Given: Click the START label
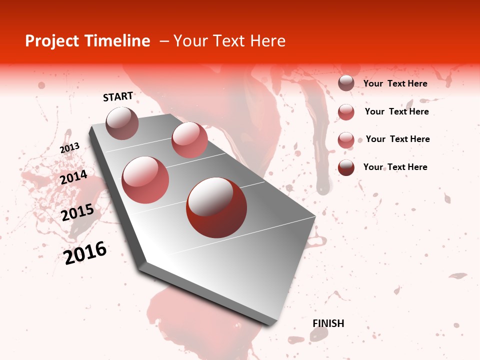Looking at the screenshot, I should pos(118,96).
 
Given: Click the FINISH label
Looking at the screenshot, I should pos(328,323).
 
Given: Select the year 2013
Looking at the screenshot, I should pos(69,148).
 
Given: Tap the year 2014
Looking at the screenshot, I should pos(73,177).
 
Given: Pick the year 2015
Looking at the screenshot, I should pos(77,212).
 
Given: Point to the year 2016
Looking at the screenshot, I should pos(85,253).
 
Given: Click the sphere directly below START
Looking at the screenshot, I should pos(122,123).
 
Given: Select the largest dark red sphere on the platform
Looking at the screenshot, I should pos(216,207).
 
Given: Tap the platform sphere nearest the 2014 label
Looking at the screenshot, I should pos(145,179).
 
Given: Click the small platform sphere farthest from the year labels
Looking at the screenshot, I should pos(189,139).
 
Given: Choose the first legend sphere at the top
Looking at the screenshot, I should pos(346,83).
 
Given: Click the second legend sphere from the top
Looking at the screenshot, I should pos(346,112).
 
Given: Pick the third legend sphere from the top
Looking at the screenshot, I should pos(346,139).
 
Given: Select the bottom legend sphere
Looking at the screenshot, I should pos(346,167).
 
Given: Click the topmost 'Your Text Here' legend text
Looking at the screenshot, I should pos(395,83).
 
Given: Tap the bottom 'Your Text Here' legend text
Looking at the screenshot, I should pos(395,167).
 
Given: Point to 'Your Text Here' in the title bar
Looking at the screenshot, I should pos(229,41).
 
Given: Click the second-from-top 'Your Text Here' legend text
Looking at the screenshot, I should pos(396,111).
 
